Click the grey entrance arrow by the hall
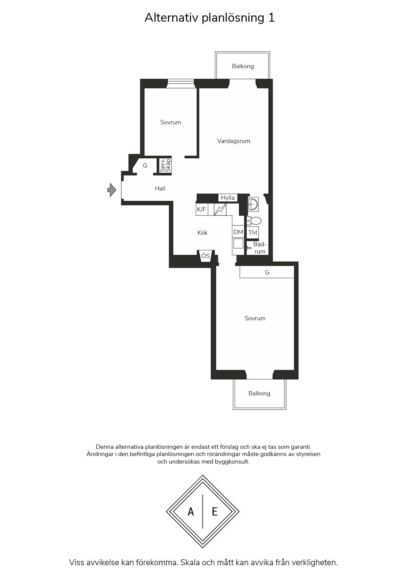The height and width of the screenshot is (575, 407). coord(112,190)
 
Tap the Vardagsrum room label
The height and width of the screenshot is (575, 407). coord(234,141)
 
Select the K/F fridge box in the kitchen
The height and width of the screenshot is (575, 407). coord(202,209)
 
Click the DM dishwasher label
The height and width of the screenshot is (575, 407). coord(238,232)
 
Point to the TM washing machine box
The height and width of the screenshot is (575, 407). coord(253,233)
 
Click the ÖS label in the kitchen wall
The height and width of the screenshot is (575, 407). coord(205,256)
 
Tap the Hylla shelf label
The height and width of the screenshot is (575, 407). coord(228,198)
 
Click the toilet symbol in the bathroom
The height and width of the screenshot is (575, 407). coord(254,221)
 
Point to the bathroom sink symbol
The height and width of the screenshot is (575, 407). coord(253,204)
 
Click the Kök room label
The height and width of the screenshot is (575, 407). coord(203,233)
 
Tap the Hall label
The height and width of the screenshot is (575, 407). coord(160,188)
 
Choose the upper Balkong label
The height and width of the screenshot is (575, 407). coord(243,66)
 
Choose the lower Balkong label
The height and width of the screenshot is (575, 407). coord(259,393)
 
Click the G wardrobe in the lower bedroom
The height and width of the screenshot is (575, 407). coord(267,272)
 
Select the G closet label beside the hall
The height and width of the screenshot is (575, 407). coord(145,166)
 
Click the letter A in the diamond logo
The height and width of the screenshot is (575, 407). coord(191,511)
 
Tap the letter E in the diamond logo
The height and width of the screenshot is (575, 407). coord(215,511)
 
